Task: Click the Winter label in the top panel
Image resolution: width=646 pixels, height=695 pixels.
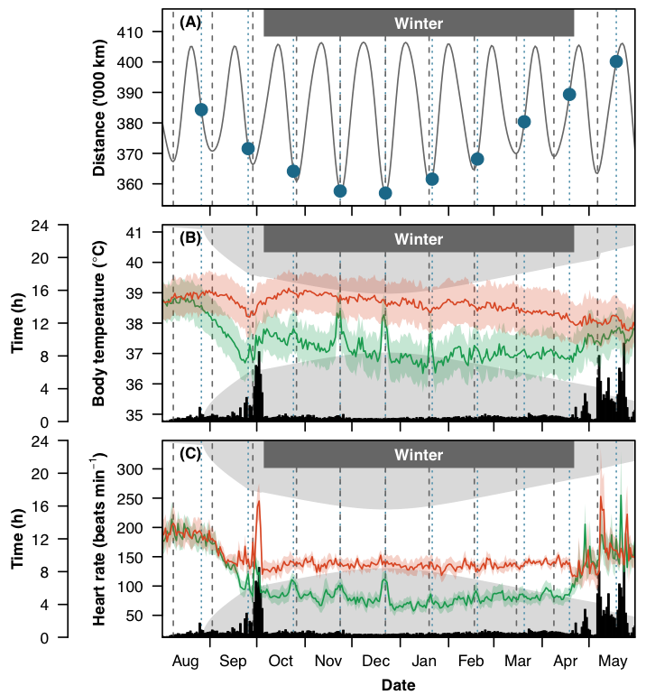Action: (x=419, y=23)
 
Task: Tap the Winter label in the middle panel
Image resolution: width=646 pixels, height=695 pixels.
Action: (x=419, y=239)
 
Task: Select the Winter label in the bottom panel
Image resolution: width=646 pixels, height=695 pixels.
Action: (x=419, y=455)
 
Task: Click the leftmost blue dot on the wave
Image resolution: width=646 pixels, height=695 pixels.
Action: (x=201, y=109)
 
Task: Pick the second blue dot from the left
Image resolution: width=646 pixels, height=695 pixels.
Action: (x=248, y=148)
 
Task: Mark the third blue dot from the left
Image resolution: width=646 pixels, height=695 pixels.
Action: (x=293, y=171)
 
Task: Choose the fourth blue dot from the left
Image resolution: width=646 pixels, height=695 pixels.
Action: (x=340, y=190)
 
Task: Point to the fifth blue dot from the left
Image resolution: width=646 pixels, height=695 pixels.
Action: (x=385, y=192)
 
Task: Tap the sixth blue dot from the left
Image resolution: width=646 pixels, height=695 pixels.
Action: (x=432, y=179)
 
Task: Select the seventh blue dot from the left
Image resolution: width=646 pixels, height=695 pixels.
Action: (x=477, y=159)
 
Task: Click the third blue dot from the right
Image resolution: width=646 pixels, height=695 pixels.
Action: (x=524, y=121)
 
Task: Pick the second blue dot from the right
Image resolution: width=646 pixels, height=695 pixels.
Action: (x=569, y=94)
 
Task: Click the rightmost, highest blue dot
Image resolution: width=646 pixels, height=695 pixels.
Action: (x=616, y=61)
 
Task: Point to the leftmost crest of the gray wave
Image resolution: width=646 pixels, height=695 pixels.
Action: (x=191, y=46)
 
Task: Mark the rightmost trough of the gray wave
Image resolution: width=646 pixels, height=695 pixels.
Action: (x=597, y=172)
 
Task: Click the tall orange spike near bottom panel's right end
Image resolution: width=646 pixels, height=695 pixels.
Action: (x=602, y=477)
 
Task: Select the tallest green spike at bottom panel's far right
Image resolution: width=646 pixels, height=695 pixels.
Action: (x=622, y=468)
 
